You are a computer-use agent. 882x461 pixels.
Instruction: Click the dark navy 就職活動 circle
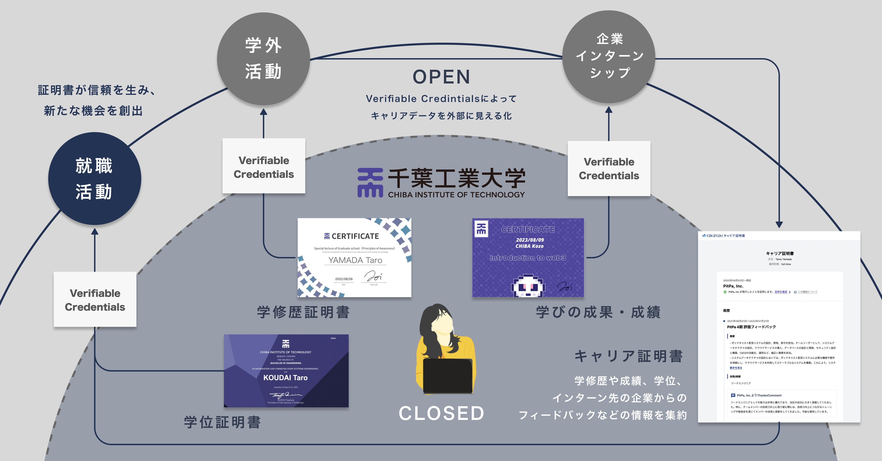95,178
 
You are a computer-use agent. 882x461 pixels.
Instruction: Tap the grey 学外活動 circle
263,59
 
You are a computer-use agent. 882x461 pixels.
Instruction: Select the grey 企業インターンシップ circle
609,56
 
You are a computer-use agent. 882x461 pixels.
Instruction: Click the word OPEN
441,77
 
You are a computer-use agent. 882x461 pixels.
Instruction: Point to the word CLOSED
441,413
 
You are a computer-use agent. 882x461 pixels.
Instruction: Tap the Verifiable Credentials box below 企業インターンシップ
609,168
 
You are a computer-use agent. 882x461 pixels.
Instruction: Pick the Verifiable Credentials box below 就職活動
95,299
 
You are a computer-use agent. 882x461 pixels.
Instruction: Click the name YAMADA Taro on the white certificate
355,260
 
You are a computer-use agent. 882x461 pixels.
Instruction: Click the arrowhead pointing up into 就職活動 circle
95,232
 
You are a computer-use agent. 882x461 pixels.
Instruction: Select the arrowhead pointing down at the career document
779,224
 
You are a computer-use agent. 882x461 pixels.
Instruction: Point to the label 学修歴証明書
303,312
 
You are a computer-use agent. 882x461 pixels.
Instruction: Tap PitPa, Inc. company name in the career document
733,286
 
